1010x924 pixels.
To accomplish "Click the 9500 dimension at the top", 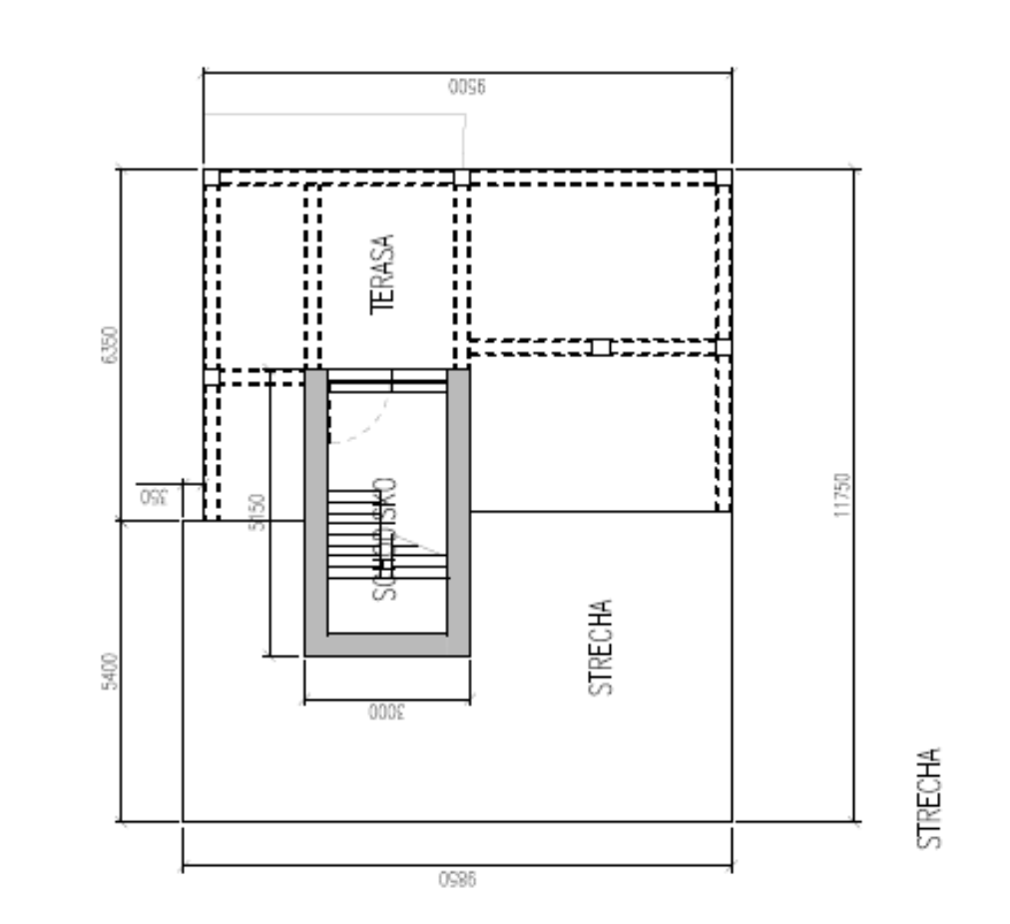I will [x=467, y=87].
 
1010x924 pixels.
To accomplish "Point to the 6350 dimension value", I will [x=110, y=344].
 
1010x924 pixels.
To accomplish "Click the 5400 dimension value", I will [x=110, y=672].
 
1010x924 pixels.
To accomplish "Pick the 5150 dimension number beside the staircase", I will [x=256, y=512].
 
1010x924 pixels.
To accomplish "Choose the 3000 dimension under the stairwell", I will [x=384, y=712].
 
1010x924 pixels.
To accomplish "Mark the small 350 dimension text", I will [x=153, y=497].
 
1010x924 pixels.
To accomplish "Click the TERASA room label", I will [x=384, y=274].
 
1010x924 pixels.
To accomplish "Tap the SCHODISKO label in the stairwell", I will [x=386, y=539].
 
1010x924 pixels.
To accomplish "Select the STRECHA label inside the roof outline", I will [x=600, y=647].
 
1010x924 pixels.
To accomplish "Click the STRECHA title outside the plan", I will [x=929, y=798].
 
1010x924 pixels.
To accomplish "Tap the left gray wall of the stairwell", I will [x=315, y=509].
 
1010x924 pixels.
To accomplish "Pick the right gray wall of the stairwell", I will [x=458, y=509].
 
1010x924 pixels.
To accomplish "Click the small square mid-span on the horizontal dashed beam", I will [x=600, y=346].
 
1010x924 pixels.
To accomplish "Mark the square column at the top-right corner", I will [x=724, y=178].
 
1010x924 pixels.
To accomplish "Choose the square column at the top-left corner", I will [x=212, y=178].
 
